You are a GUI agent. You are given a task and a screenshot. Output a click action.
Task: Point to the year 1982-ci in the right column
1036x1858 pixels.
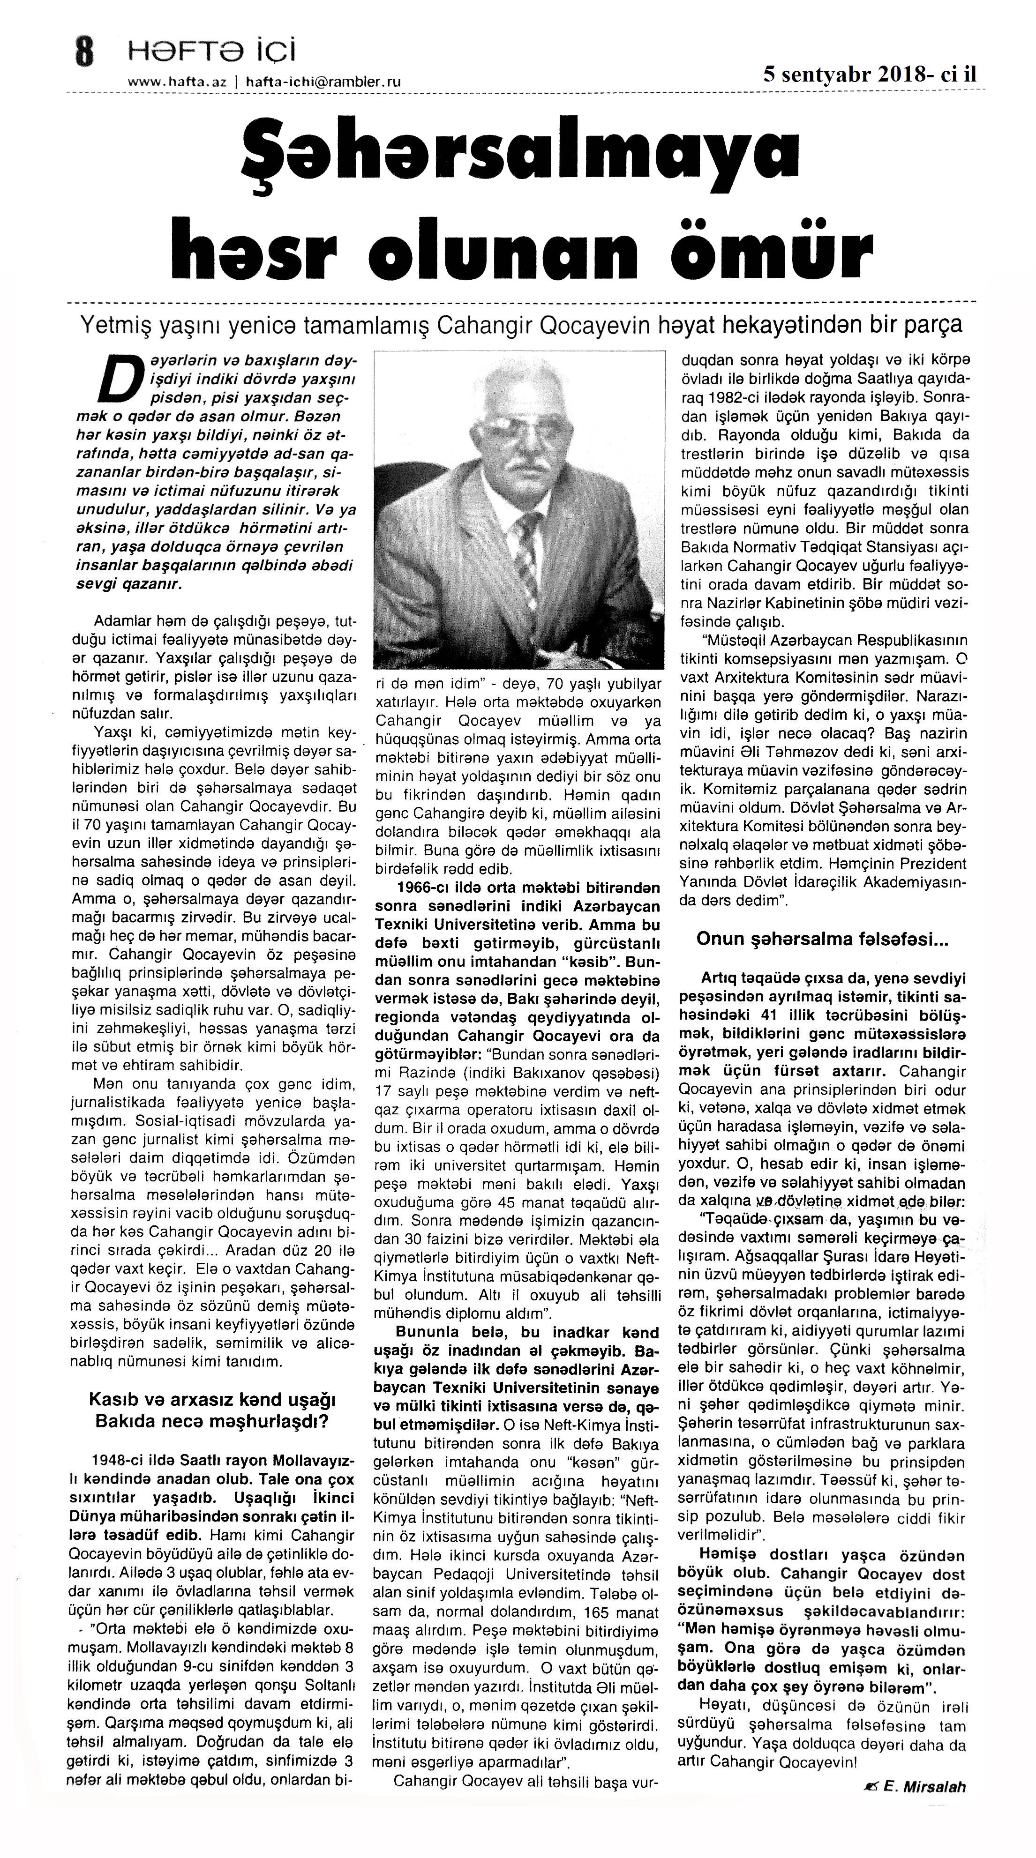point(732,397)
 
